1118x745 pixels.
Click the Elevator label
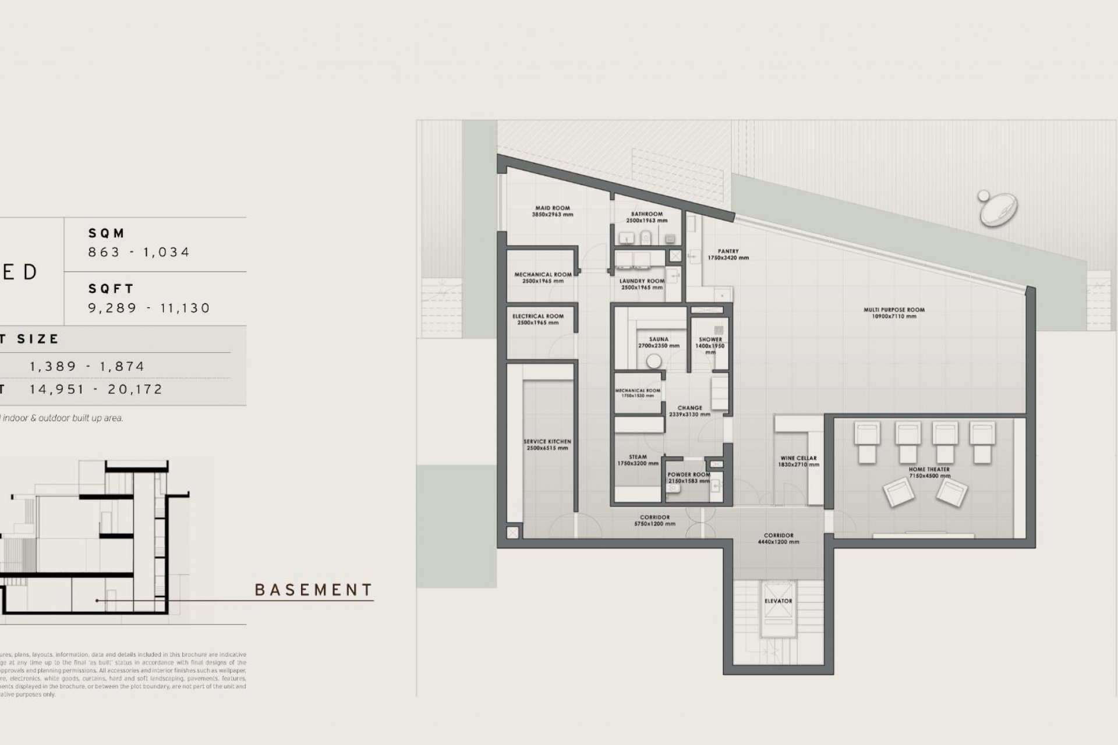pos(778,601)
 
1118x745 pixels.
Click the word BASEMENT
pos(314,590)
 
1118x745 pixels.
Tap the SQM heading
pos(107,233)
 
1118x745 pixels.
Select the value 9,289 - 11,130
pos(149,308)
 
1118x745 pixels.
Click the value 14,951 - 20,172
pos(96,389)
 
